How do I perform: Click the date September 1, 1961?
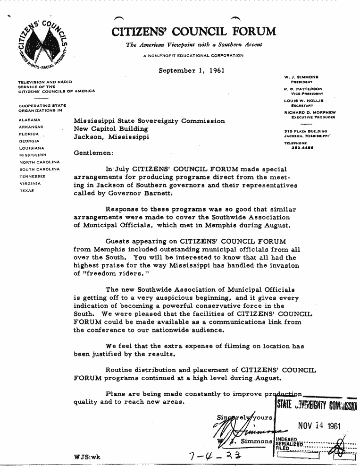[191, 71]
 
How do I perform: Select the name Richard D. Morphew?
[307, 112]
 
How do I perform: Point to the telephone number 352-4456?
[299, 147]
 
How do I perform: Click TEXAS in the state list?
[26, 191]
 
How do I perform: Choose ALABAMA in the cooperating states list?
[29, 120]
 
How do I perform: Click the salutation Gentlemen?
[93, 153]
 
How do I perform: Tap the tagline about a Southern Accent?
[194, 45]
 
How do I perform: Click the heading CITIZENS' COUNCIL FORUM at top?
[194, 32]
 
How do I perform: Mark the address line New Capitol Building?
[111, 129]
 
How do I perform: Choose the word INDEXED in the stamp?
[285, 439]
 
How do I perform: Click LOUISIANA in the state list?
[32, 148]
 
